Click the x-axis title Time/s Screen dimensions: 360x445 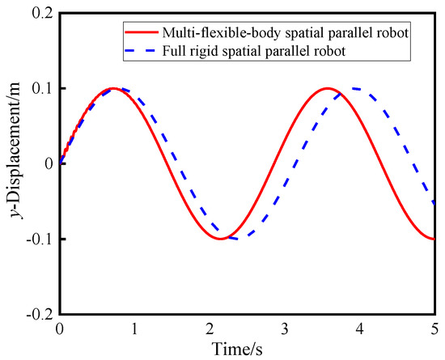(x=247, y=349)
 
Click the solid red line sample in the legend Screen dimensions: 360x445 (x=143, y=32)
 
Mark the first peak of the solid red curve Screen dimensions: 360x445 (x=112, y=88)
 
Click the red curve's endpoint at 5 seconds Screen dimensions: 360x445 (x=435, y=239)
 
